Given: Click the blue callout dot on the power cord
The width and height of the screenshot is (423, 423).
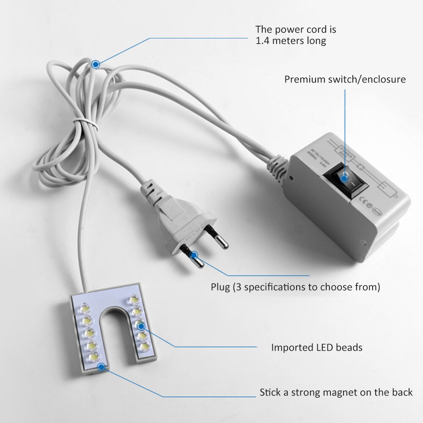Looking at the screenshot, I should point(96,64).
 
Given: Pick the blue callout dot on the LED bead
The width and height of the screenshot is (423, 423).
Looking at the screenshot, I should point(140,326).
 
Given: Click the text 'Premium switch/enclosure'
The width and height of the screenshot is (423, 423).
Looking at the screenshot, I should point(345,79).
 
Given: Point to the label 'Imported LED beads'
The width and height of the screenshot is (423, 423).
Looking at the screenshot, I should point(317,348).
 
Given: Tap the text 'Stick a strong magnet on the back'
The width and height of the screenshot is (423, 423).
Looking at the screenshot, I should point(336,392).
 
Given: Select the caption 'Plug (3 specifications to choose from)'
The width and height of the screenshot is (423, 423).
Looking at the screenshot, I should point(295,287).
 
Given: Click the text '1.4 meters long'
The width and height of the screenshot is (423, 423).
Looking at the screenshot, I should point(291,41).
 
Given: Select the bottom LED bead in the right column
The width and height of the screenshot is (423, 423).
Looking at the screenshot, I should point(144,347).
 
